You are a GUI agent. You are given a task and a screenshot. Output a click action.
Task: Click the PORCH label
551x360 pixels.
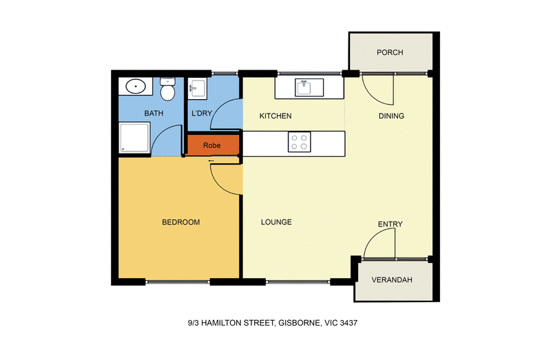tap(390, 52)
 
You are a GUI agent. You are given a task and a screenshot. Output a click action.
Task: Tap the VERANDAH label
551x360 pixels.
tap(391, 280)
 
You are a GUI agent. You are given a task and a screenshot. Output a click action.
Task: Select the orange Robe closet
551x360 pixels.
tap(212, 145)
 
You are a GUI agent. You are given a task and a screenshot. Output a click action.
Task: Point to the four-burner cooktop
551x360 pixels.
tap(299, 142)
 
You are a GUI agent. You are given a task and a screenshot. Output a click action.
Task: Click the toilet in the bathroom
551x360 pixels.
tap(166, 89)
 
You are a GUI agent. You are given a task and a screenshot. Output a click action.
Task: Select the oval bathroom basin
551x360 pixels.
tap(135, 87)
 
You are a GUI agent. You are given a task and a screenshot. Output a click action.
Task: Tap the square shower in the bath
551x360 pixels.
tap(134, 138)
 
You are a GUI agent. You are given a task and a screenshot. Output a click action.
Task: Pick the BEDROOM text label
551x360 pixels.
tap(180, 222)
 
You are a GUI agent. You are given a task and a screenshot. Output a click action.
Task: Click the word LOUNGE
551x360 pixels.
tap(276, 222)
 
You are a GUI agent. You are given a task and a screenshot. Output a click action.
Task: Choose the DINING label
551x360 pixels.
tap(391, 116)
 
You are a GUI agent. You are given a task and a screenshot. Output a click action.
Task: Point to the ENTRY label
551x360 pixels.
tap(390, 224)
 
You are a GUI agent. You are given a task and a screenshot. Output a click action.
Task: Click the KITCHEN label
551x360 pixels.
tap(275, 116)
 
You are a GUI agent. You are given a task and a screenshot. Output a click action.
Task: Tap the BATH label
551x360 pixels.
tap(153, 113)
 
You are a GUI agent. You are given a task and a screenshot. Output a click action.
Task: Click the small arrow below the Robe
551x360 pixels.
tap(210, 162)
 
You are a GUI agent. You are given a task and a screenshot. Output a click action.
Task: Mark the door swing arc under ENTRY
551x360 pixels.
tap(378, 244)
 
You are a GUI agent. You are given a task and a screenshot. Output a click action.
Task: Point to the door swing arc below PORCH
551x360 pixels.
tap(377, 90)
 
